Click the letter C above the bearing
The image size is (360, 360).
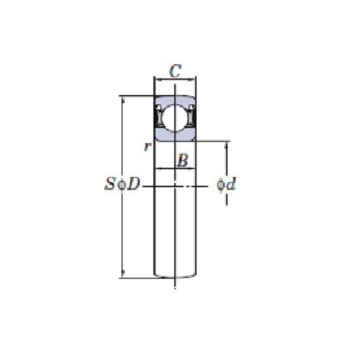point(175,71)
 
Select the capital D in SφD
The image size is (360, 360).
point(134,185)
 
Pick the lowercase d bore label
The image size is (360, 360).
point(231,185)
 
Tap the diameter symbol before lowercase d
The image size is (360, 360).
point(220,185)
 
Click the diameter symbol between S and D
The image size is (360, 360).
point(122,185)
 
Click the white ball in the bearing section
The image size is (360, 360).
point(176,117)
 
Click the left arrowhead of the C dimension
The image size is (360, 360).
point(158,80)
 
